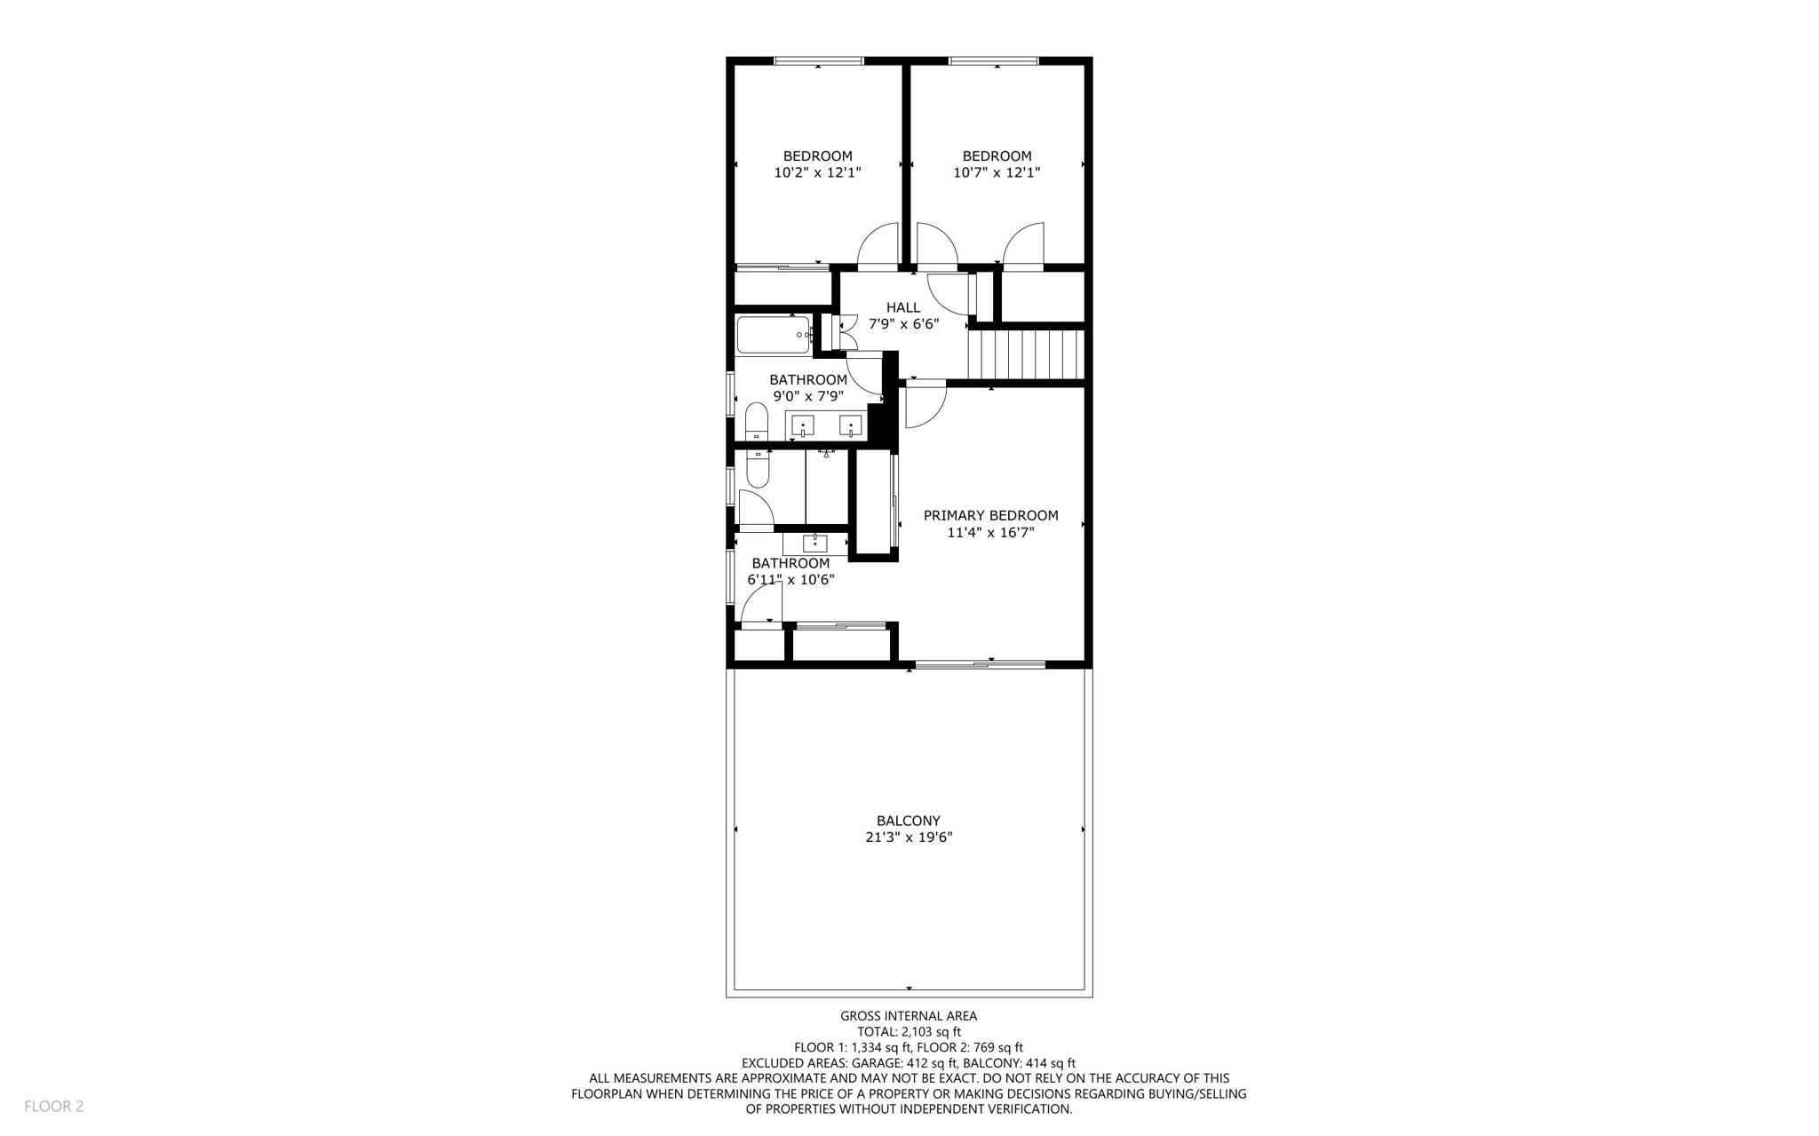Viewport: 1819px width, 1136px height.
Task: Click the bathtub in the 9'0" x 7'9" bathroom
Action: pyautogui.click(x=773, y=335)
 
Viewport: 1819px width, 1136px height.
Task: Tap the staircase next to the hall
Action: pyautogui.click(x=1027, y=354)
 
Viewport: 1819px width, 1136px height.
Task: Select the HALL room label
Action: pyautogui.click(x=903, y=308)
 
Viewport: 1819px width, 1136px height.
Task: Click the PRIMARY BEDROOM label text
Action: pyautogui.click(x=990, y=515)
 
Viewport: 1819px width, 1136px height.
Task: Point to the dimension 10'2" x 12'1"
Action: pyautogui.click(x=817, y=173)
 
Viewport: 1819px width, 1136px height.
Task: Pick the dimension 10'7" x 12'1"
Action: pyautogui.click(x=997, y=173)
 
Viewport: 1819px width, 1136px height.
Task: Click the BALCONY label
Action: pyautogui.click(x=908, y=821)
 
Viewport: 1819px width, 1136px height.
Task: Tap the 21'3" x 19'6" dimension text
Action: pyautogui.click(x=909, y=838)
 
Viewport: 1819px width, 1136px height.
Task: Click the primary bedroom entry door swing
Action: pyautogui.click(x=925, y=404)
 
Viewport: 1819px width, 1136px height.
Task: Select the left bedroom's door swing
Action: pyautogui.click(x=878, y=246)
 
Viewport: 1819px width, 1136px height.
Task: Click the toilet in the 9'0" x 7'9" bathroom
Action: pyautogui.click(x=756, y=422)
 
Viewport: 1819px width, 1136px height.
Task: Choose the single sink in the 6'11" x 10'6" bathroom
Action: pyautogui.click(x=814, y=543)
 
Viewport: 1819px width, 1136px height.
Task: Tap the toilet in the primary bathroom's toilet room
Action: pyautogui.click(x=757, y=468)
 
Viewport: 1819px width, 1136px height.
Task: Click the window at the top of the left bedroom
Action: pyautogui.click(x=818, y=61)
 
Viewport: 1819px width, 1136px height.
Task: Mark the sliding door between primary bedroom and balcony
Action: pyautogui.click(x=980, y=663)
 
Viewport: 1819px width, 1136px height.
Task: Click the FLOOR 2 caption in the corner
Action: pyautogui.click(x=53, y=1106)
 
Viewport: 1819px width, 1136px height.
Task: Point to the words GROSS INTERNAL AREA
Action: pyautogui.click(x=909, y=1016)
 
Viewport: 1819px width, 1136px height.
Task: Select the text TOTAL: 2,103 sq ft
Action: pyautogui.click(x=909, y=1032)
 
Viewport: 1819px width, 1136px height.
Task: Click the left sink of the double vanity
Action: pyautogui.click(x=803, y=426)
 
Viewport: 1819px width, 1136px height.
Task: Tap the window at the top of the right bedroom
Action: pyautogui.click(x=993, y=61)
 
